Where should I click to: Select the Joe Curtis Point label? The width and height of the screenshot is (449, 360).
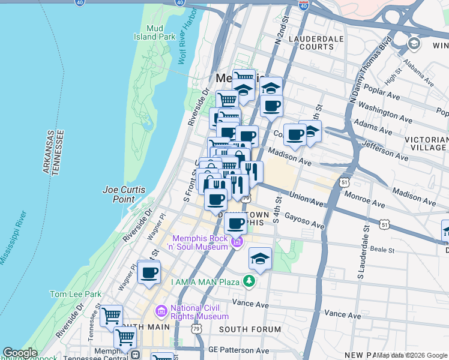(124, 194)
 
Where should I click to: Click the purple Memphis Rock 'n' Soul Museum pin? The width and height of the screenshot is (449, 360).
(237, 242)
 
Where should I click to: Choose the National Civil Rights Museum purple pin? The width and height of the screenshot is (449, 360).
(161, 311)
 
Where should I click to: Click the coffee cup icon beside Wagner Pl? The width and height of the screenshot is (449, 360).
(149, 272)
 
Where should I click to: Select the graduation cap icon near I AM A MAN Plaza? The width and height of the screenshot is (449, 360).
(260, 258)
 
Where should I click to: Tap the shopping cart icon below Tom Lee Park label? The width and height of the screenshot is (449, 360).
(111, 315)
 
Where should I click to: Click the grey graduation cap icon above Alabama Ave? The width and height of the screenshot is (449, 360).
(414, 44)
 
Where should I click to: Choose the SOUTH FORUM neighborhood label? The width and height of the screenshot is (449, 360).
(250, 329)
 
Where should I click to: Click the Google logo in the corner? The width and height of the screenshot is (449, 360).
(20, 353)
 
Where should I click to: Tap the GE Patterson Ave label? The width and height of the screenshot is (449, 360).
(238, 350)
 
